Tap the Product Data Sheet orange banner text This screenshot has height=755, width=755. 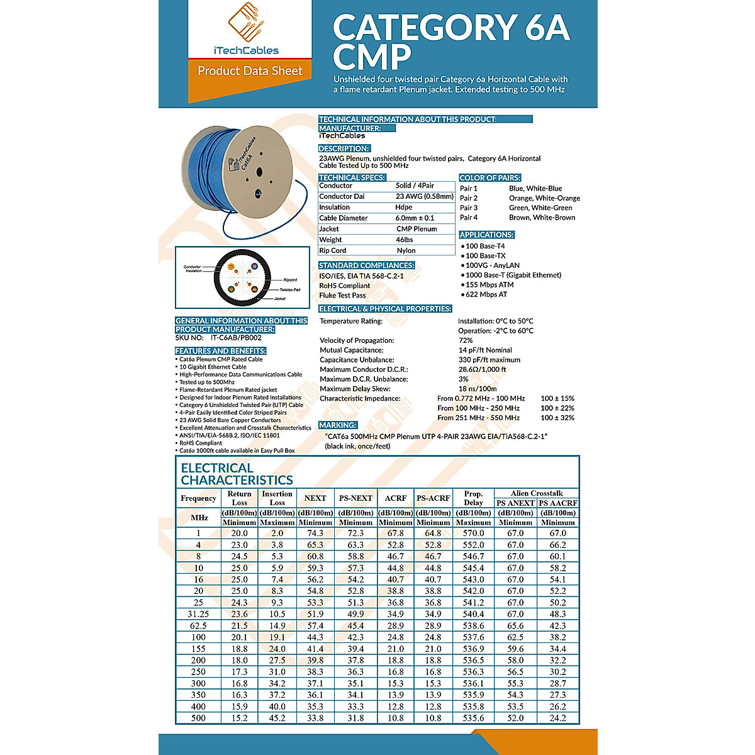pyautogui.click(x=250, y=71)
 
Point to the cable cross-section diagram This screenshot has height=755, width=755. pyautogui.click(x=242, y=277)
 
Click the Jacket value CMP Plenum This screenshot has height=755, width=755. pyautogui.click(x=417, y=229)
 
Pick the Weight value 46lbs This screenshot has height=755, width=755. pyautogui.click(x=405, y=240)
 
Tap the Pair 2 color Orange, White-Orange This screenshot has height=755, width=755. pyautogui.click(x=544, y=198)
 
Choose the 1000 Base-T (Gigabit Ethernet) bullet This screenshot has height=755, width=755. pyautogui.click(x=513, y=275)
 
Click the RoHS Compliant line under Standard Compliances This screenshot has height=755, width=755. pyautogui.click(x=345, y=286)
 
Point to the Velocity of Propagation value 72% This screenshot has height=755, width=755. pyautogui.click(x=466, y=340)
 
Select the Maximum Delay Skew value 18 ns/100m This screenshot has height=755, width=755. pyautogui.click(x=478, y=389)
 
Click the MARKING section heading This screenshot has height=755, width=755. pyautogui.click(x=338, y=425)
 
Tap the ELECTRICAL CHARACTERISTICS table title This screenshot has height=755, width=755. pyautogui.click(x=237, y=474)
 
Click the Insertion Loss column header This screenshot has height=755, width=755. pyautogui.click(x=277, y=498)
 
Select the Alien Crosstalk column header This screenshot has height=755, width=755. pyautogui.click(x=537, y=493)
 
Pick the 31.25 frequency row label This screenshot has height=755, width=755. pyautogui.click(x=198, y=614)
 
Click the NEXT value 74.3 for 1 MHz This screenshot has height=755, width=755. pyautogui.click(x=315, y=533)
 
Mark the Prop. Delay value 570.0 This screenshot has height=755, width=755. pyautogui.click(x=473, y=533)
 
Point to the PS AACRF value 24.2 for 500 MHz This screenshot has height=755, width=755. pyautogui.click(x=557, y=718)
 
